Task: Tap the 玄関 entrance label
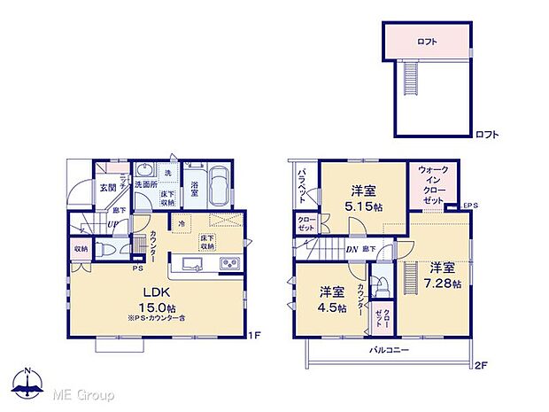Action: [107, 187]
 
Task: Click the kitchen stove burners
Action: [229, 263]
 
